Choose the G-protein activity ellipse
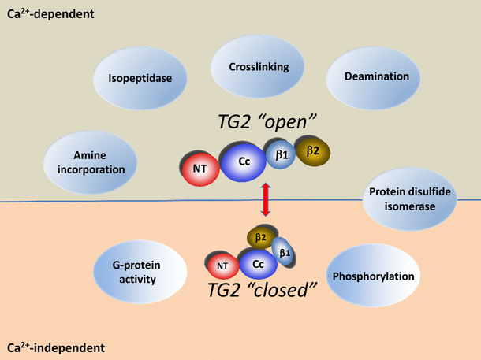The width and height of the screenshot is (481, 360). (140, 273)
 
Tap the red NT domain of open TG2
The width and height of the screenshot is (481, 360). (200, 167)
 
